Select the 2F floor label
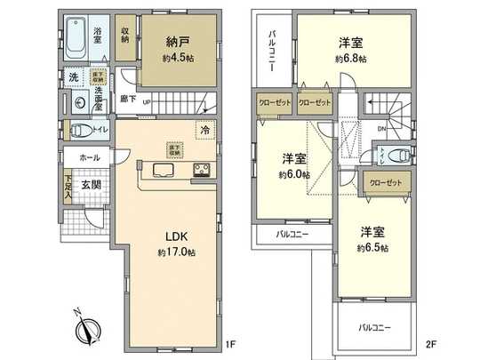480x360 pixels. coord(431,341)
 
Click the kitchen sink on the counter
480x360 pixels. coord(164,170)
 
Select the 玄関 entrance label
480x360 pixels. coord(92,185)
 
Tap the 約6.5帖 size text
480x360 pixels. coord(373,248)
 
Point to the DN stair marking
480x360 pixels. coord(381,130)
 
